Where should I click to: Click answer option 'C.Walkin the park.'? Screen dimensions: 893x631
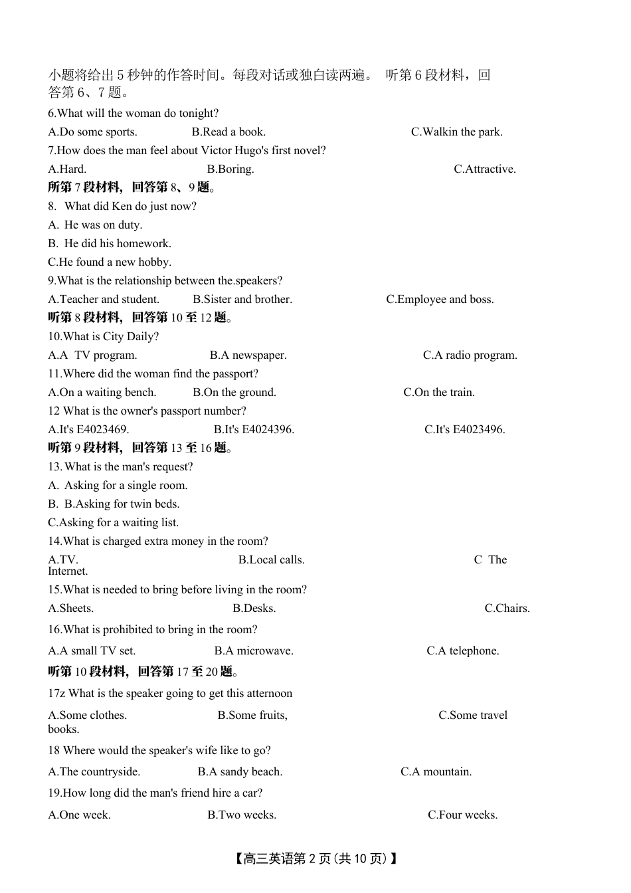[456, 132]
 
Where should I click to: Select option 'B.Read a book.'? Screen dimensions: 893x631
[228, 132]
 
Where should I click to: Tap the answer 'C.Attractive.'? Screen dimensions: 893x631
[484, 169]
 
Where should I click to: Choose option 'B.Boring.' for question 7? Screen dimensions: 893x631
[230, 169]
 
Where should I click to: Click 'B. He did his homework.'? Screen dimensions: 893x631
[110, 244]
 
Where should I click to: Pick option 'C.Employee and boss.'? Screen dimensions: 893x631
[440, 300]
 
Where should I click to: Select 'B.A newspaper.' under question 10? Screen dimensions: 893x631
[248, 355]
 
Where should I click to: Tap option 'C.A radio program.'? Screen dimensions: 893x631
[470, 355]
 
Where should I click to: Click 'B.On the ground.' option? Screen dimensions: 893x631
[234, 393]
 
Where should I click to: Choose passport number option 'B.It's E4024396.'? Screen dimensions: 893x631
[254, 430]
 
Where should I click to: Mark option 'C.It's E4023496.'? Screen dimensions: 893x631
[464, 430]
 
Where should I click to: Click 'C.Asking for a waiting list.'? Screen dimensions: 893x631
[113, 523]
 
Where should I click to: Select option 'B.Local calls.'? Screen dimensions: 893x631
[271, 560]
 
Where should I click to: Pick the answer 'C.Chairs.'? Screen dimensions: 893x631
[507, 609]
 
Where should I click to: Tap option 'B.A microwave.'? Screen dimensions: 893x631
[254, 651]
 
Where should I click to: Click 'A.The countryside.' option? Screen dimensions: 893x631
[94, 772]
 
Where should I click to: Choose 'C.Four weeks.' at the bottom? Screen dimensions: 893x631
[462, 815]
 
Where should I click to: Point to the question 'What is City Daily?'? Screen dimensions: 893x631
[104, 337]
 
